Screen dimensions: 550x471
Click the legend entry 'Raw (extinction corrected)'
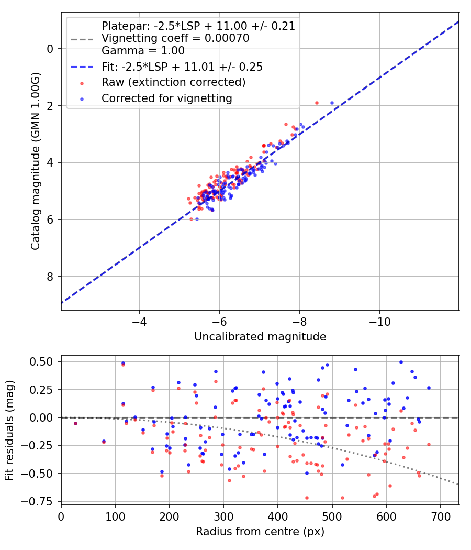pyautogui.click(x=173, y=82)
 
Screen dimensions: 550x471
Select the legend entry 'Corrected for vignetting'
pyautogui.click(x=166, y=98)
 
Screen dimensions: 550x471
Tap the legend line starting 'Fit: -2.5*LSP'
pyautogui.click(x=182, y=67)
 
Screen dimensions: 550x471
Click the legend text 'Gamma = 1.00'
pyautogui.click(x=143, y=51)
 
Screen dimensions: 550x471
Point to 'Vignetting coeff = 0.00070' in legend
pyautogui.click(x=175, y=38)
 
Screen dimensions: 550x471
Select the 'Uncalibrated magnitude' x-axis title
pyautogui.click(x=260, y=337)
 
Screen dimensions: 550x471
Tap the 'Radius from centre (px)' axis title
pyautogui.click(x=260, y=532)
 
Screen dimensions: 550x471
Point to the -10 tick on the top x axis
pyautogui.click(x=379, y=320)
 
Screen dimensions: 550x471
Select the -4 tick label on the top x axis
pyautogui.click(x=139, y=320)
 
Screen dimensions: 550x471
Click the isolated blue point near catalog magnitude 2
pyautogui.click(x=332, y=103)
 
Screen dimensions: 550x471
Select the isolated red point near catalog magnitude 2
pyautogui.click(x=317, y=103)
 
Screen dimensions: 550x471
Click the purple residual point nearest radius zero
pyautogui.click(x=75, y=423)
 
